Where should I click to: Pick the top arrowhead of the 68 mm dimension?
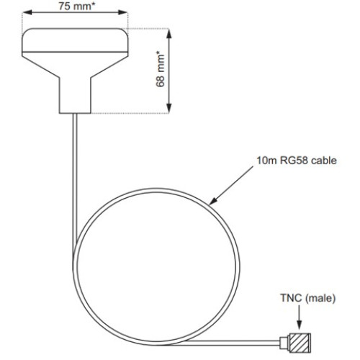click(170, 32)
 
